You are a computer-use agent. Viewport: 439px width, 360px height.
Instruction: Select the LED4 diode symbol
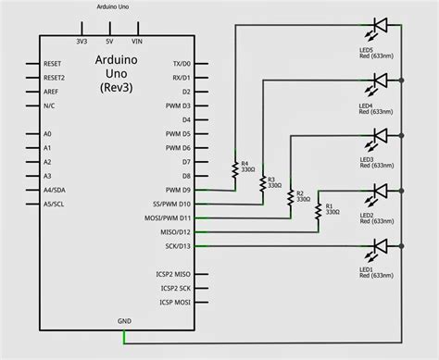[x=380, y=81]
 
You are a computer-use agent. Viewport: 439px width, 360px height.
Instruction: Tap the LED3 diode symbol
[x=380, y=135]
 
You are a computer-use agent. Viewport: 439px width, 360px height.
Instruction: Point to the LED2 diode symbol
[x=380, y=191]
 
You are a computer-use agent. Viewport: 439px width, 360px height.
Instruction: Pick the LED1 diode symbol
[x=380, y=246]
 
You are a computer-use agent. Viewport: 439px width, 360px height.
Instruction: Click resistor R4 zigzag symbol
[x=236, y=168]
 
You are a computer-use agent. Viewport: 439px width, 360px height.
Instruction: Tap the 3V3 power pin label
[x=82, y=42]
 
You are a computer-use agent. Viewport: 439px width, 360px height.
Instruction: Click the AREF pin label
[x=52, y=93]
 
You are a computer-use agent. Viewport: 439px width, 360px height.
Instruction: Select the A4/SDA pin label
[x=55, y=190]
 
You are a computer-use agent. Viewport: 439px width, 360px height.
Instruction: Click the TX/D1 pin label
[x=178, y=64]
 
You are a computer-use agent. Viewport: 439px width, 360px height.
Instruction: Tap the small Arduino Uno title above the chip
[x=113, y=6]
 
